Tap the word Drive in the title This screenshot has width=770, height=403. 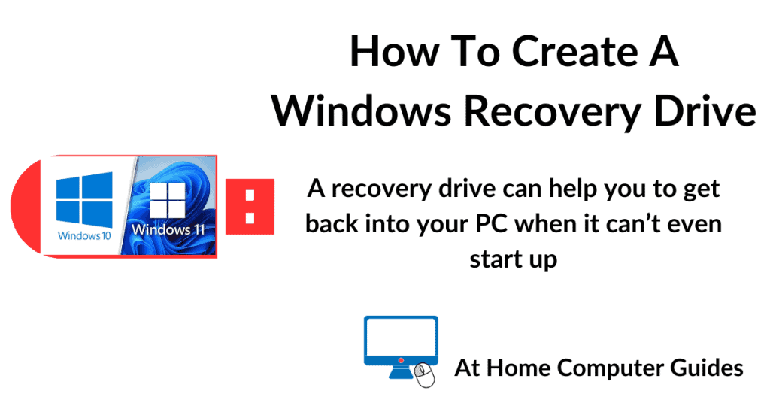pos(702,111)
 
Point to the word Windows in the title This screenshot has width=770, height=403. pos(361,111)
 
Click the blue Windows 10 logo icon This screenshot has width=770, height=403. pos(84,198)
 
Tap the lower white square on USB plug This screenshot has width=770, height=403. pos(250,219)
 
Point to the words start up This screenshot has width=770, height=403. pos(513,259)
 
